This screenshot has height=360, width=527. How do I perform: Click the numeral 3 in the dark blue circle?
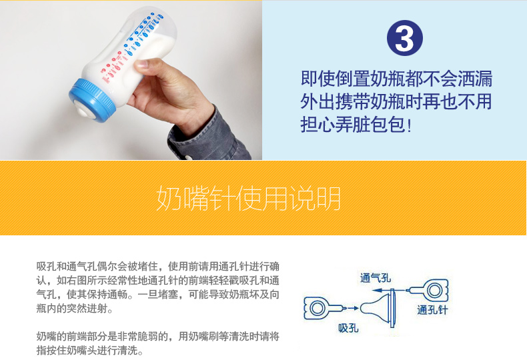(404, 38)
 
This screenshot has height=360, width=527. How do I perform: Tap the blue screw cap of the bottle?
(92, 99)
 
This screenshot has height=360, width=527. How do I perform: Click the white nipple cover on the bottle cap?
(85, 111)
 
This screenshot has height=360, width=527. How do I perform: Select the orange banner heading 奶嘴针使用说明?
(249, 199)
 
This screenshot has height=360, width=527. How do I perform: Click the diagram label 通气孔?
(376, 278)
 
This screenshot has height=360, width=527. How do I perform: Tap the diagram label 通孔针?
(432, 309)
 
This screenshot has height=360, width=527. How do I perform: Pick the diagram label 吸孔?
(348, 327)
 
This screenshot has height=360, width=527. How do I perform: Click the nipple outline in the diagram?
(376, 307)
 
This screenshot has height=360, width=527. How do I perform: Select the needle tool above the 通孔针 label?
(428, 290)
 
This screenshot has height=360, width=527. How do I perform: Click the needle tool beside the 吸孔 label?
(324, 307)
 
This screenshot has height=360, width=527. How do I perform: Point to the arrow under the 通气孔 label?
(389, 290)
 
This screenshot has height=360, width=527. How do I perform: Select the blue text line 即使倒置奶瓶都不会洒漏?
(397, 79)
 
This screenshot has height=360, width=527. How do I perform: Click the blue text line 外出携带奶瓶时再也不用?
(396, 102)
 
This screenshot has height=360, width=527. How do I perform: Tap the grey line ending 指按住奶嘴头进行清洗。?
(90, 351)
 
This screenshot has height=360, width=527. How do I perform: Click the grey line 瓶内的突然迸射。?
(75, 308)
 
